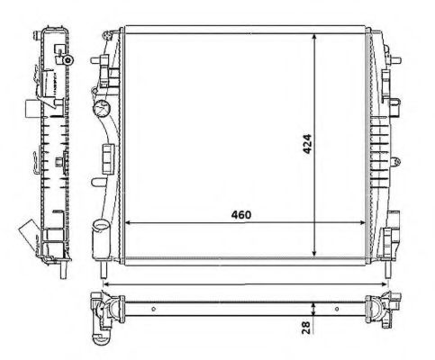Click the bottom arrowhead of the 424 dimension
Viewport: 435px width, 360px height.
tap(314, 255)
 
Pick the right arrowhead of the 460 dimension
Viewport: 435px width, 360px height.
tap(367, 222)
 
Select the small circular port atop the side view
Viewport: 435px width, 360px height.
tap(67, 58)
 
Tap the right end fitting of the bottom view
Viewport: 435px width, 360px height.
tap(379, 310)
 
